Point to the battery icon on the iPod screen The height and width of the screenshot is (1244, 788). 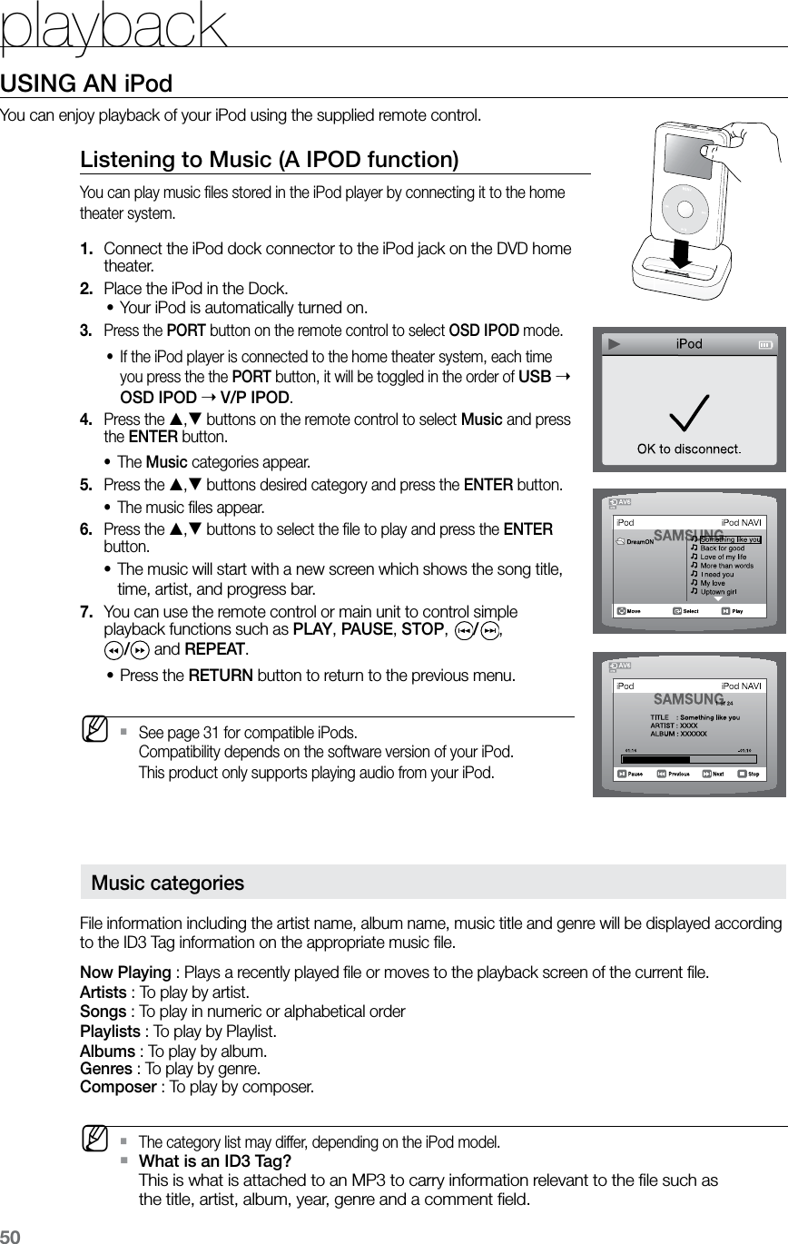click(765, 345)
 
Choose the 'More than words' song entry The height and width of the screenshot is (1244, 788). click(726, 565)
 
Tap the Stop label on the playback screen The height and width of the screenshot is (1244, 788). click(754, 774)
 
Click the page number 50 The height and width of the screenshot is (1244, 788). click(10, 1235)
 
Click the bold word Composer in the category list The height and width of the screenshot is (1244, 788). click(118, 1086)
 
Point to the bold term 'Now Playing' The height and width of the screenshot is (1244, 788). click(125, 973)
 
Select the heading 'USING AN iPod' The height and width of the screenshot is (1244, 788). click(86, 84)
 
